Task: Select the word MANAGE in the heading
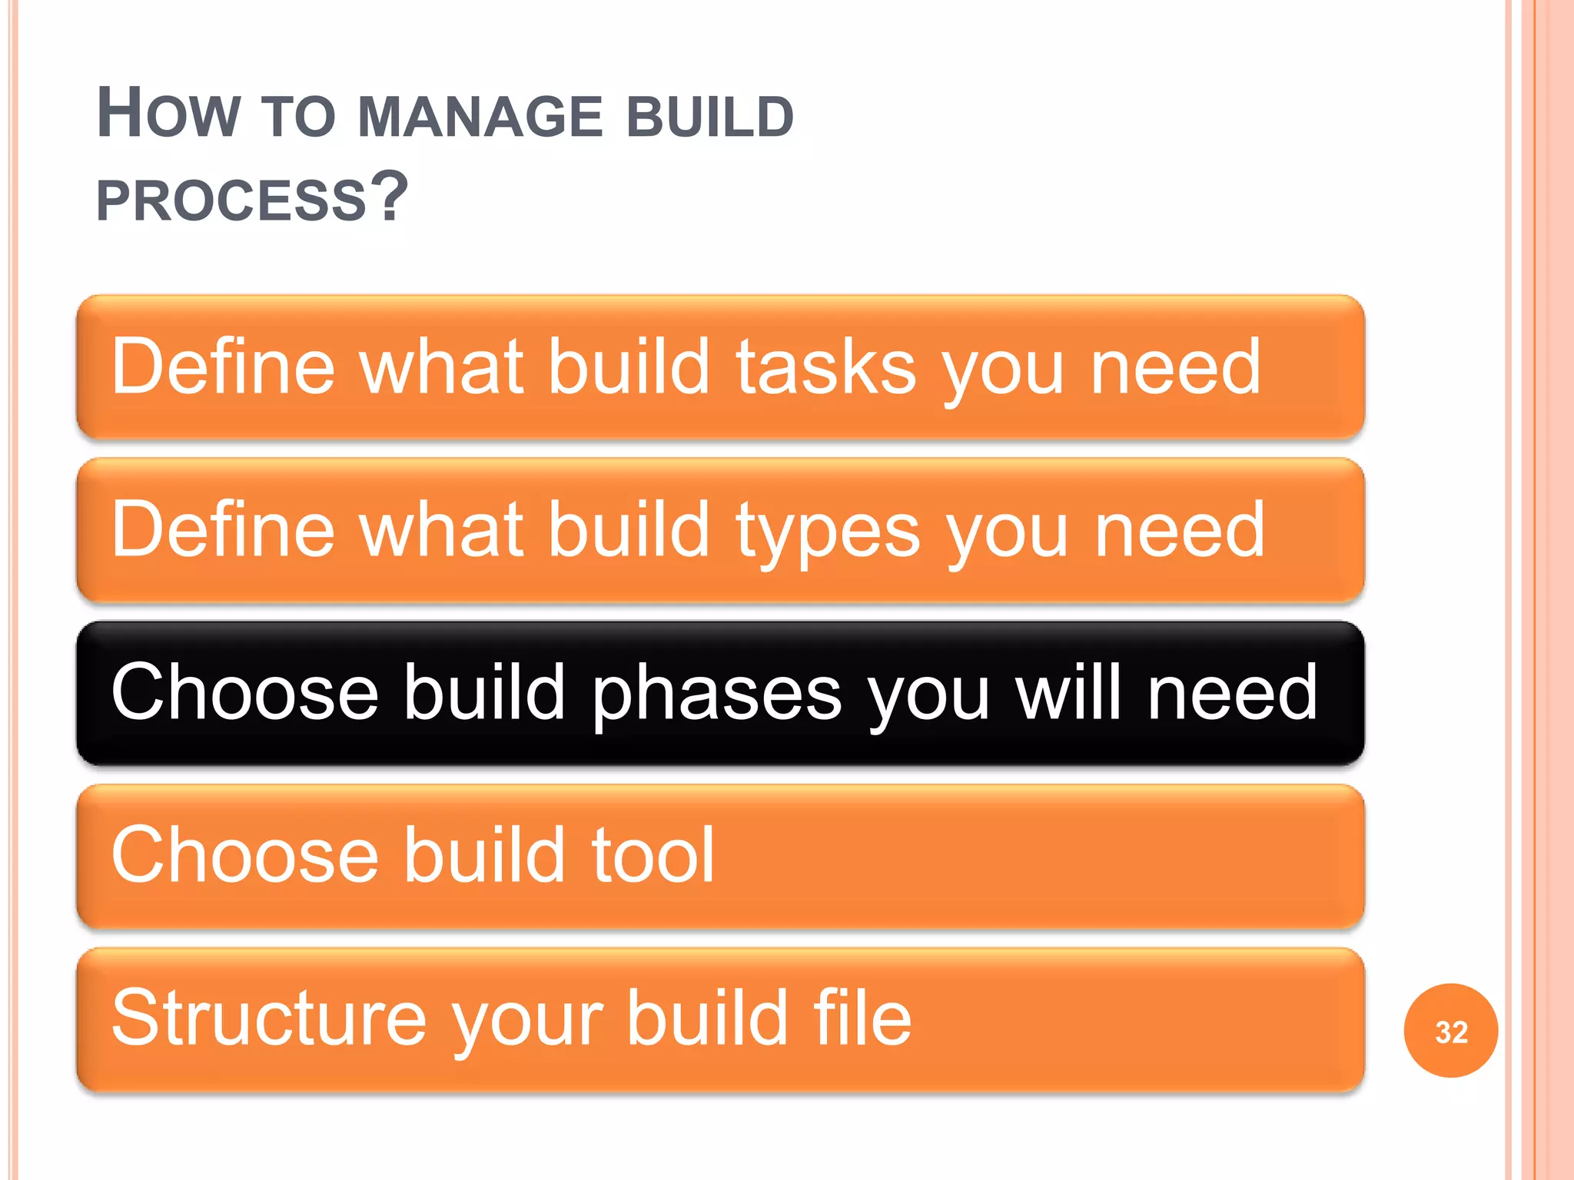click(x=480, y=118)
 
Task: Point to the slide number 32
click(x=1450, y=1032)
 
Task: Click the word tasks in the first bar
click(x=826, y=367)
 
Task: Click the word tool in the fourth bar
click(x=653, y=855)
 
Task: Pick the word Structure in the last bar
click(x=269, y=1019)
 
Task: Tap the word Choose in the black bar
click(x=244, y=693)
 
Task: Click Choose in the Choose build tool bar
click(x=244, y=856)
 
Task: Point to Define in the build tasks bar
click(x=223, y=367)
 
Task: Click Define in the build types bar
click(x=223, y=530)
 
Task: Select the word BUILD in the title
click(x=710, y=118)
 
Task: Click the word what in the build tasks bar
click(x=442, y=367)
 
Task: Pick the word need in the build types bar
click(x=1179, y=530)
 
